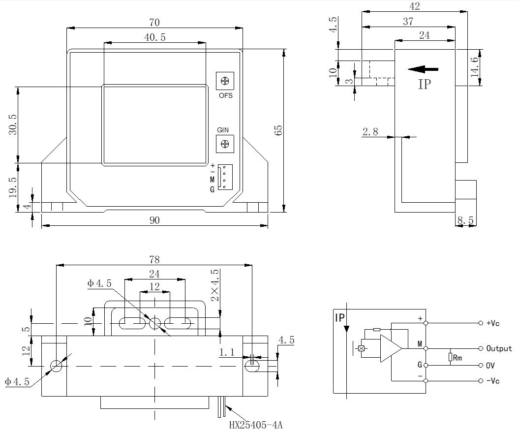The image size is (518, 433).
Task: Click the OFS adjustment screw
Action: click(225, 81)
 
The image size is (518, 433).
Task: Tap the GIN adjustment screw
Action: click(225, 144)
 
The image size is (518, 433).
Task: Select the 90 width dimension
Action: click(154, 221)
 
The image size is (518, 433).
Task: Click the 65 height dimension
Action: click(278, 130)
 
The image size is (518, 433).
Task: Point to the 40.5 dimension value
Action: click(154, 37)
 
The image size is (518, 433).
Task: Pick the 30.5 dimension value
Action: click(13, 124)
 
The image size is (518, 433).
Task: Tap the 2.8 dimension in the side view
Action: click(370, 131)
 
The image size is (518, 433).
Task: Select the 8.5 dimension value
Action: click(465, 221)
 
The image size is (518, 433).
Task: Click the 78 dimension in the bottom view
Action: click(154, 259)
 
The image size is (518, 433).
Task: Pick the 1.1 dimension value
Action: click(227, 352)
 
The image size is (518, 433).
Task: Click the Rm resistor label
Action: click(457, 358)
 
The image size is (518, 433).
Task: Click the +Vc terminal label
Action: click(493, 323)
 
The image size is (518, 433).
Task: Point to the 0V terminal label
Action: click(490, 366)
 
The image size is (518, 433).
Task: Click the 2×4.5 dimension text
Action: click(215, 285)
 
